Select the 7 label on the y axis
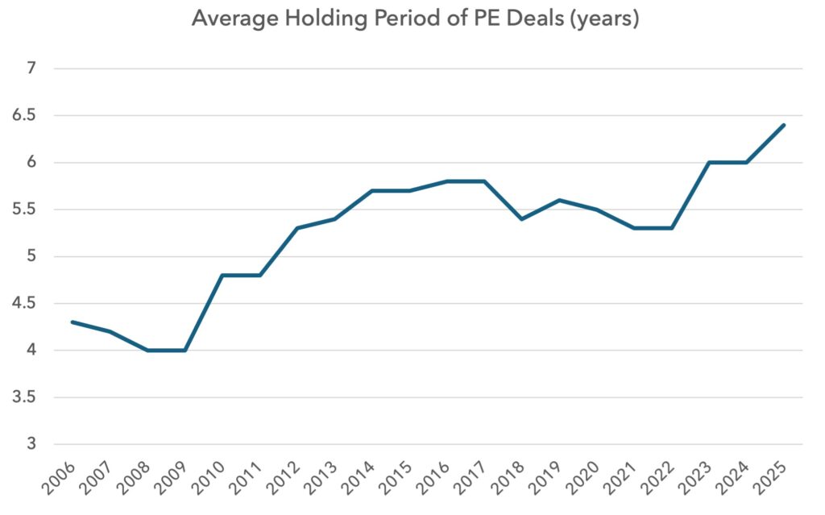pyautogui.click(x=31, y=69)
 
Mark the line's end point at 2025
pyautogui.click(x=784, y=125)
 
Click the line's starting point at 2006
pyautogui.click(x=73, y=322)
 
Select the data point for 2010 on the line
pyautogui.click(x=222, y=276)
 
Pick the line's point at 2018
pyautogui.click(x=522, y=219)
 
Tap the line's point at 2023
pyautogui.click(x=709, y=163)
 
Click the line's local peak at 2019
pyautogui.click(x=559, y=200)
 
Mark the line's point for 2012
pyautogui.click(x=297, y=228)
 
